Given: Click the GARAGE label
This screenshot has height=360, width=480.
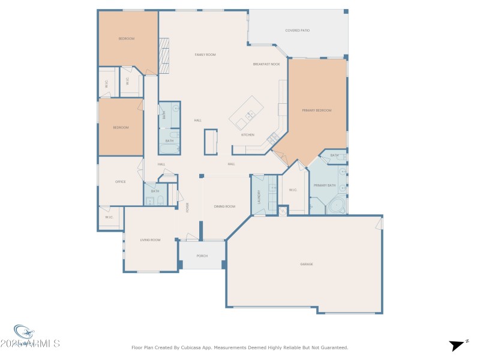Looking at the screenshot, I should coord(307,264).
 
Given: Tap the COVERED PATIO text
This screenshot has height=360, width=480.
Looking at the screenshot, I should coord(297,30).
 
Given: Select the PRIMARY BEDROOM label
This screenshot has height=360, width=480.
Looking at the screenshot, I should coord(317,110).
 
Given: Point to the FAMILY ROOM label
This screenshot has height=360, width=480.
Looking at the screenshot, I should coord(205,55).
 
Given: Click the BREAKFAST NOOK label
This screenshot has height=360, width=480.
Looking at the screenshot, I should coord(266,64).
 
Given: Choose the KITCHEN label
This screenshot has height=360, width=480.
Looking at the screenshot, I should coord(248,135).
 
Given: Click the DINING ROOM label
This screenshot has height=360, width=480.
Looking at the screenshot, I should coord(224,206).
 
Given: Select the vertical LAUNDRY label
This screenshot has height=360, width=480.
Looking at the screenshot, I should coord(260,197).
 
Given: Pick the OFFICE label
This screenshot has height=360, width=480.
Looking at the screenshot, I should coord(120,181).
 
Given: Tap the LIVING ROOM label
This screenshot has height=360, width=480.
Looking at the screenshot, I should coord(150,240).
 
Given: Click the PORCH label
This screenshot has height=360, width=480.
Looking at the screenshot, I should coord(202,256).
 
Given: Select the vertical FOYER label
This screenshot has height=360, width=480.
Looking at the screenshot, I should coord(187,208).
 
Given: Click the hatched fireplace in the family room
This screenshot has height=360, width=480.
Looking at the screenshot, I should coord(164,56).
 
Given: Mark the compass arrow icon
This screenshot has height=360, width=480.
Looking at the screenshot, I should coord(457,345).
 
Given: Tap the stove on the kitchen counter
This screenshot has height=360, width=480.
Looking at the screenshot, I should coord(271,137).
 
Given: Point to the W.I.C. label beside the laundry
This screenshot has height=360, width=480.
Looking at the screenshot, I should coord(293,190).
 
